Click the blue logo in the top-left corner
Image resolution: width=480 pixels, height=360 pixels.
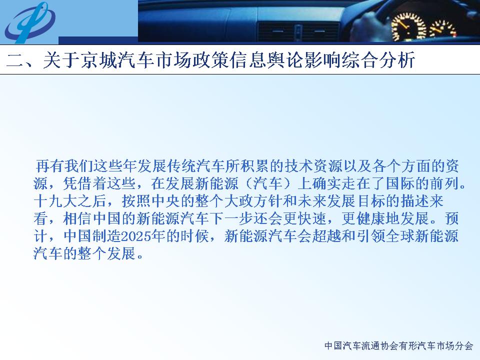coord(29,22)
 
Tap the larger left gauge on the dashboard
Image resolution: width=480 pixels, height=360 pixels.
coord(408,27)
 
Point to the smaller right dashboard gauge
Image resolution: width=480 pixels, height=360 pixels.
coord(442,29)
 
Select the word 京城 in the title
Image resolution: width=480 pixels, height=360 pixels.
coord(99,59)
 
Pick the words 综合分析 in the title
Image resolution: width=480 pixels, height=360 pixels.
coord(378,59)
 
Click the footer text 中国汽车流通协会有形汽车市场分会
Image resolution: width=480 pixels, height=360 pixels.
coord(398,345)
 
